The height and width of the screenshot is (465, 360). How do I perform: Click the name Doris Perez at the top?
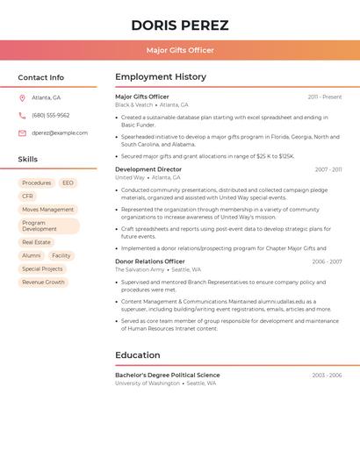[180, 25]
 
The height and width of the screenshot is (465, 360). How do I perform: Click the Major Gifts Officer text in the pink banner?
[180, 50]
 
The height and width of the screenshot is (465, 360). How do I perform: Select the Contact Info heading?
[40, 77]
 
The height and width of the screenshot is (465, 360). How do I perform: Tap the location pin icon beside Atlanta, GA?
[22, 97]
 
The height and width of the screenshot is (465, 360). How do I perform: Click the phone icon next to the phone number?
[22, 115]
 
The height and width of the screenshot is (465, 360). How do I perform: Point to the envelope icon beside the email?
[22, 132]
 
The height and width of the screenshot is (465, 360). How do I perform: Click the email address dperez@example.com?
[60, 132]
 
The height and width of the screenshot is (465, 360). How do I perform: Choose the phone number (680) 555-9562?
[50, 115]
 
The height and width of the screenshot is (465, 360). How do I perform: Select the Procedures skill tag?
[37, 182]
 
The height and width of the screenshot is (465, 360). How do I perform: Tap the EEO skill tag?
[68, 182]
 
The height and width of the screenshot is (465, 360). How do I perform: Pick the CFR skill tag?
[27, 196]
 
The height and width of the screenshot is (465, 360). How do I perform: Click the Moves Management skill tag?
[47, 210]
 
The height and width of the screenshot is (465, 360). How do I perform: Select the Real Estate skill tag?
[36, 242]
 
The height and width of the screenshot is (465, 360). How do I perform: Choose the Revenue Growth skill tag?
[43, 283]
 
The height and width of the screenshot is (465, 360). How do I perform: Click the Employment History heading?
[161, 77]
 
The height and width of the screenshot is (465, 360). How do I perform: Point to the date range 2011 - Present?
[324, 97]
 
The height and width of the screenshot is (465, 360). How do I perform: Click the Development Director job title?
[148, 169]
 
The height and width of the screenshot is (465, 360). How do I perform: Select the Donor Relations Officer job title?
[150, 261]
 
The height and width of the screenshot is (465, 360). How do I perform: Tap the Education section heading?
[138, 355]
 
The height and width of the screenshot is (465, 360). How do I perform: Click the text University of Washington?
[148, 383]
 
